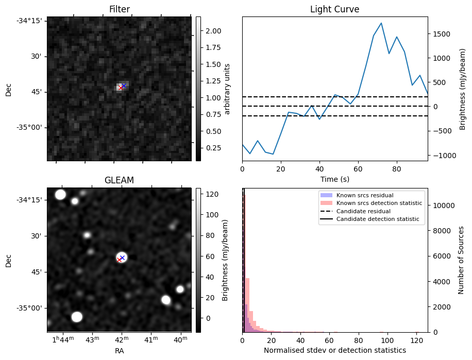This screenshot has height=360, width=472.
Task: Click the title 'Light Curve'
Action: tap(334, 9)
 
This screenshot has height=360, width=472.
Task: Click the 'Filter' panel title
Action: tap(119, 9)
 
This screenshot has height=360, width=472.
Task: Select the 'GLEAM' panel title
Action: tap(119, 180)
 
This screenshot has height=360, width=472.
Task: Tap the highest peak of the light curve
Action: tap(381, 23)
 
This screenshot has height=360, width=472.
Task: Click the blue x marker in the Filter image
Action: tap(124, 85)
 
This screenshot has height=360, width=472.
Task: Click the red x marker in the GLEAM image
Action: tap(120, 260)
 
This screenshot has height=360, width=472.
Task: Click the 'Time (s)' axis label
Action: tap(334, 179)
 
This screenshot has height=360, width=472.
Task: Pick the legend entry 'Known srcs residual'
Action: tap(364, 196)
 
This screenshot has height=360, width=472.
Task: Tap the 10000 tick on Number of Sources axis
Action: tap(442, 205)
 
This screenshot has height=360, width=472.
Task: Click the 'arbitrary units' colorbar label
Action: tap(227, 89)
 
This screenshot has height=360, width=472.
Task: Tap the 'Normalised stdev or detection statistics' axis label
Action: tap(334, 351)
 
